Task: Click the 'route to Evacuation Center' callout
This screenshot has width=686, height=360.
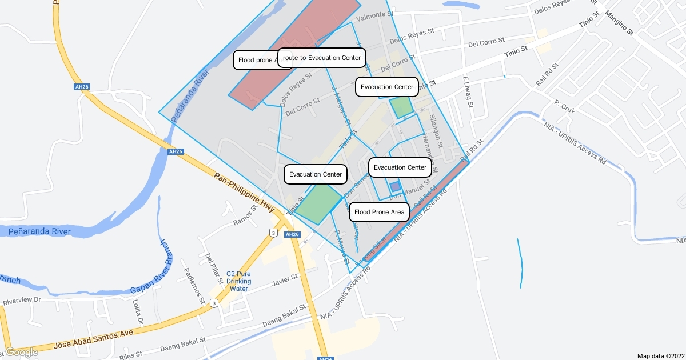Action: pyautogui.click(x=322, y=58)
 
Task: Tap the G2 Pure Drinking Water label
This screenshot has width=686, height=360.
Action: pyautogui.click(x=238, y=281)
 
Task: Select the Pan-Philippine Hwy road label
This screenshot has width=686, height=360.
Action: pyautogui.click(x=244, y=191)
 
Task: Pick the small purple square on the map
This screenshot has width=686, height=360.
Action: pyautogui.click(x=395, y=186)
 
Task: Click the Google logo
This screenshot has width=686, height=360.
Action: pyautogui.click(x=21, y=352)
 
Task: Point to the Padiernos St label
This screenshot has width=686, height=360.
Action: pyautogui.click(x=193, y=284)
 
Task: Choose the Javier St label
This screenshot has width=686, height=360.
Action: pyautogui.click(x=286, y=279)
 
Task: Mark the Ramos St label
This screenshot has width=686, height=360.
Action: pyautogui.click(x=247, y=218)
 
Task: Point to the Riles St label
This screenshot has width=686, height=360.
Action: pyautogui.click(x=131, y=355)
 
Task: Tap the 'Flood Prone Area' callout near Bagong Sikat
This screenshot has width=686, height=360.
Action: pyautogui.click(x=379, y=212)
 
